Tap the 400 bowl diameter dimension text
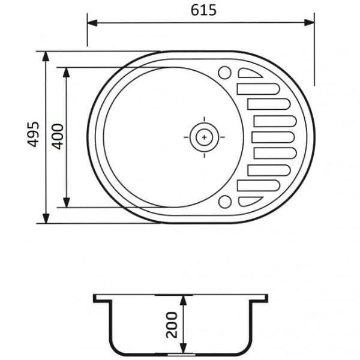click(x=57, y=137)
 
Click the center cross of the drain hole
click(x=205, y=137)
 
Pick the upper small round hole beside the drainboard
click(x=226, y=73)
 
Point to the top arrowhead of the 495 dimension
click(x=46, y=56)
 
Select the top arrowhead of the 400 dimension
click(x=67, y=71)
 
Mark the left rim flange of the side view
click(x=101, y=298)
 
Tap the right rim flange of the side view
click(x=259, y=298)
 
